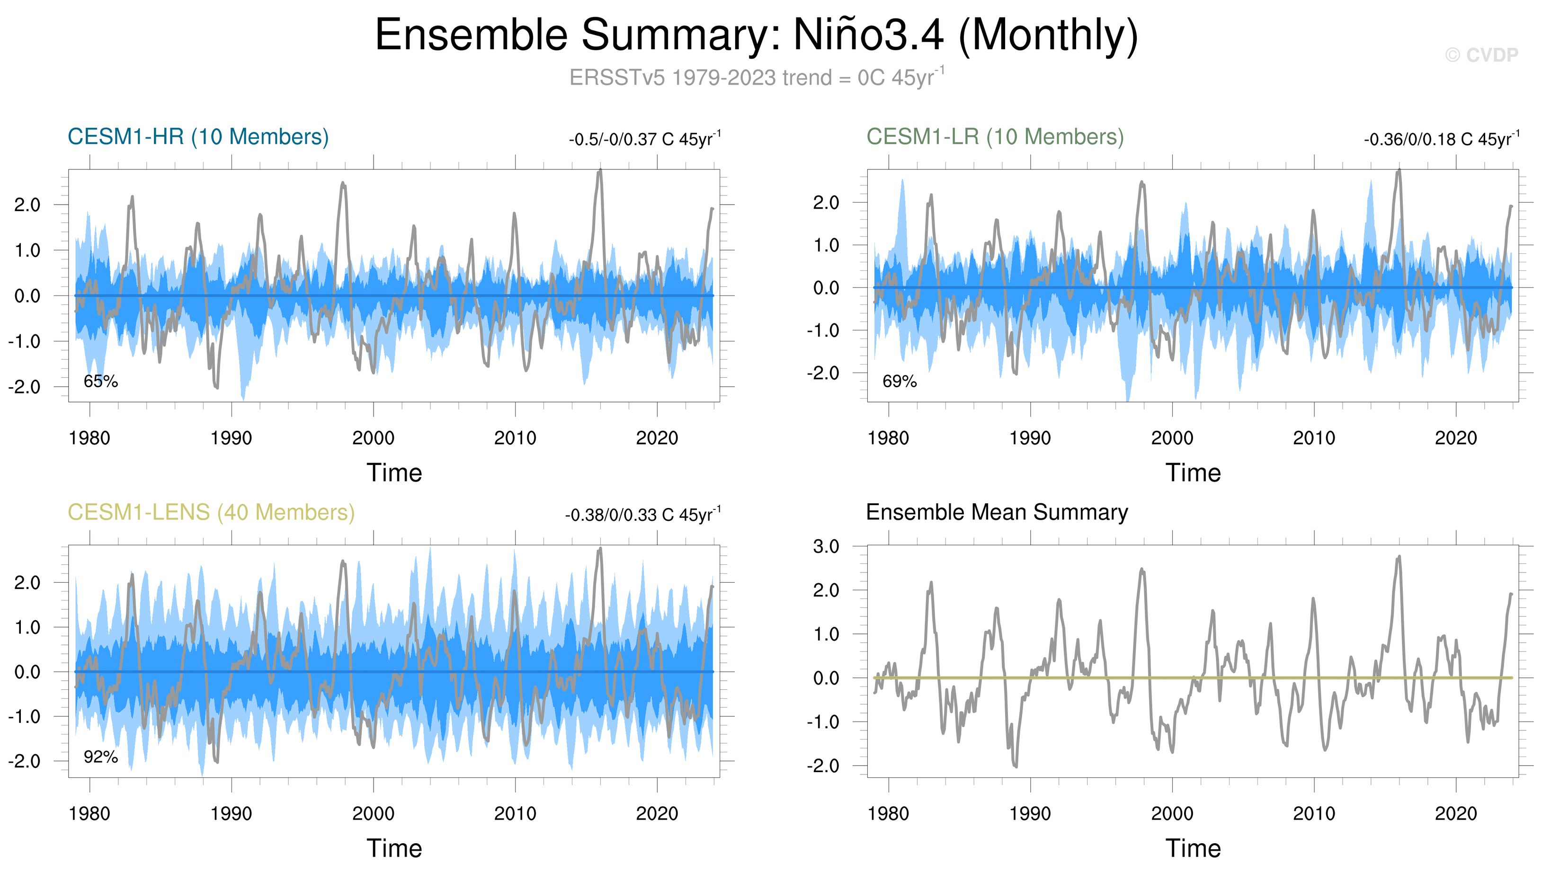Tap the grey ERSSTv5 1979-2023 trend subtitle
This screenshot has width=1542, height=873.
point(756,78)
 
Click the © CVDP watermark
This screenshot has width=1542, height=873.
point(1481,55)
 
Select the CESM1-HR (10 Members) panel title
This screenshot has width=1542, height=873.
point(198,137)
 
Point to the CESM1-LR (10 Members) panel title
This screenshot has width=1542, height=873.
point(995,137)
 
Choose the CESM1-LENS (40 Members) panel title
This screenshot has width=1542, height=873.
point(211,513)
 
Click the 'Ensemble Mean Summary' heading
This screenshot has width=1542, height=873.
point(997,513)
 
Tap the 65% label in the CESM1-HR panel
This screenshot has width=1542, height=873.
point(101,381)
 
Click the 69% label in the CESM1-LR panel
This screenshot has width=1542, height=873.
point(899,381)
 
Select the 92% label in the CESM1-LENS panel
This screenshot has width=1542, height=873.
point(101,757)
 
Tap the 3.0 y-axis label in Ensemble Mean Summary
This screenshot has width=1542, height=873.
point(826,546)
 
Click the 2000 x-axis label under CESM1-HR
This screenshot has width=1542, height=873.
point(373,438)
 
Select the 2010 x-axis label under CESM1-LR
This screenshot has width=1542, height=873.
point(1314,438)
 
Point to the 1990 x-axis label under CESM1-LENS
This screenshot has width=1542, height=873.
point(232,814)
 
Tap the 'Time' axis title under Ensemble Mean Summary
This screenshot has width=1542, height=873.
point(1193,848)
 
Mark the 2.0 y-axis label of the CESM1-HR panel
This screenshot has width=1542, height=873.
point(27,205)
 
